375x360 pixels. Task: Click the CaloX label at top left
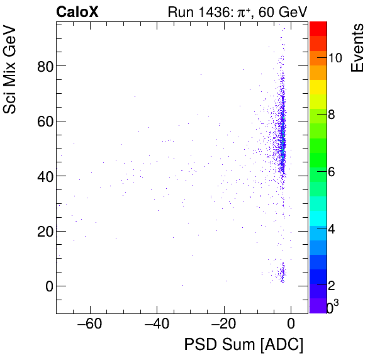click(x=76, y=12)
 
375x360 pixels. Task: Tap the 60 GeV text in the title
click(x=277, y=12)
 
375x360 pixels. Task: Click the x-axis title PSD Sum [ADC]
click(x=243, y=345)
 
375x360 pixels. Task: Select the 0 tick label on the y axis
click(x=47, y=286)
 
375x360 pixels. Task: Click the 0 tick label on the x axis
click(x=291, y=325)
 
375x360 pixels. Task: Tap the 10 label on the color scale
click(x=335, y=57)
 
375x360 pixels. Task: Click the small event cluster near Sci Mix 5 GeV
click(x=281, y=274)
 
